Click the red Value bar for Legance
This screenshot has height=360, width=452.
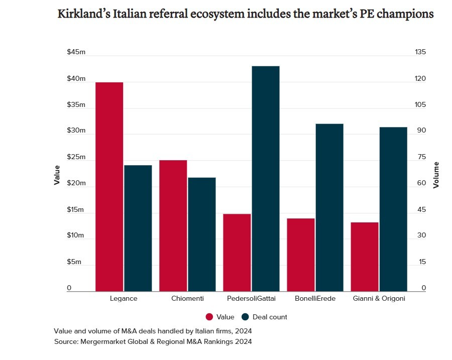click(x=109, y=186)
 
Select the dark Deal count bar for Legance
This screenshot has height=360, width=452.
click(x=138, y=228)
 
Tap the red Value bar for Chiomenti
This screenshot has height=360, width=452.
click(x=173, y=225)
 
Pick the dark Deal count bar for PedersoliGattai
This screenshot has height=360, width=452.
click(x=265, y=178)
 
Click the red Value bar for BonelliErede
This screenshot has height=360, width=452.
click(x=301, y=255)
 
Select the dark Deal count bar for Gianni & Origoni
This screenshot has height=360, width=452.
click(x=393, y=209)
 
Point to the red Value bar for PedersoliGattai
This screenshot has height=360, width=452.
click(x=237, y=253)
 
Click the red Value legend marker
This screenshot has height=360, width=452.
click(x=209, y=317)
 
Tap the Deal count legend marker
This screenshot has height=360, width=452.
click(x=245, y=317)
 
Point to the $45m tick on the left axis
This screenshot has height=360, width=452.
click(x=76, y=53)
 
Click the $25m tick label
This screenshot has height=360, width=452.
click(x=76, y=157)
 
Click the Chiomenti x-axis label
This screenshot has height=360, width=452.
click(x=187, y=298)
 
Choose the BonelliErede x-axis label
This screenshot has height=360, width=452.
click(x=315, y=298)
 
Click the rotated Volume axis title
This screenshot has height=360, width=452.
click(x=436, y=175)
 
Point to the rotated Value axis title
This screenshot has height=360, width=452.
click(x=57, y=175)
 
